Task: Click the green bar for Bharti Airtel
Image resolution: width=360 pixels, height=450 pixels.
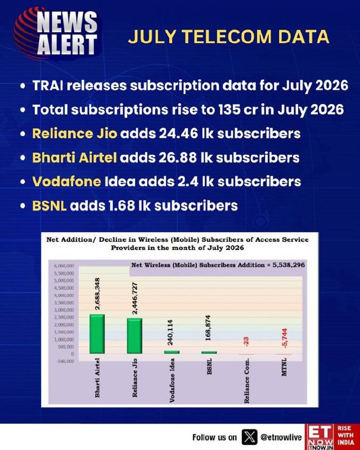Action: click(97, 334)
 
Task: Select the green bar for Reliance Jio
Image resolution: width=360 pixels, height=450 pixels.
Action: click(134, 336)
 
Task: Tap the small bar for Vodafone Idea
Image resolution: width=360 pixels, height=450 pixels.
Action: click(172, 352)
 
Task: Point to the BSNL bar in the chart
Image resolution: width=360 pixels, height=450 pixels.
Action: click(209, 353)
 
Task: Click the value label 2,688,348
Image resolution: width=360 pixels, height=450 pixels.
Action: click(97, 294)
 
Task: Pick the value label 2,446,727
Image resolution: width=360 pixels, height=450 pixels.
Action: click(134, 298)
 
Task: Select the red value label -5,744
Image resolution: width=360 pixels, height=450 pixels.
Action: click(285, 338)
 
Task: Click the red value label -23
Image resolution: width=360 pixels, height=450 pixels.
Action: click(246, 341)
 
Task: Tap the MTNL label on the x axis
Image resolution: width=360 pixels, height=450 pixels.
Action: click(283, 367)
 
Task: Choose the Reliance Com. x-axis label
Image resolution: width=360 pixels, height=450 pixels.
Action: click(246, 381)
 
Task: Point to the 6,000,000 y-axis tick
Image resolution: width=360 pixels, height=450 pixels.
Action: click(64, 265)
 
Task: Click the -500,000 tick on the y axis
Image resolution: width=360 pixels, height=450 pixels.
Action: click(65, 361)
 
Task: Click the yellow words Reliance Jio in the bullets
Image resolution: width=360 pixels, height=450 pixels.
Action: click(75, 134)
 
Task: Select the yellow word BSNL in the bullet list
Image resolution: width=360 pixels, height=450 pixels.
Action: click(49, 205)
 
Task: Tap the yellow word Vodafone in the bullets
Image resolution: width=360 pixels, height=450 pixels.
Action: click(66, 182)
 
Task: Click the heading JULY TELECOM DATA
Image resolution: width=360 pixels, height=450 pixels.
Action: click(228, 37)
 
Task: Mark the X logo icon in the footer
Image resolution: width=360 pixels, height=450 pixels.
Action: click(249, 437)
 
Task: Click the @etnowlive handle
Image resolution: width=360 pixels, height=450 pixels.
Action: click(281, 438)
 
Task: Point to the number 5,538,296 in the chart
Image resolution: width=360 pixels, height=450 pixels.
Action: click(289, 265)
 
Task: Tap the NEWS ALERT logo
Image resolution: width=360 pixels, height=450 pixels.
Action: click(57, 34)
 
